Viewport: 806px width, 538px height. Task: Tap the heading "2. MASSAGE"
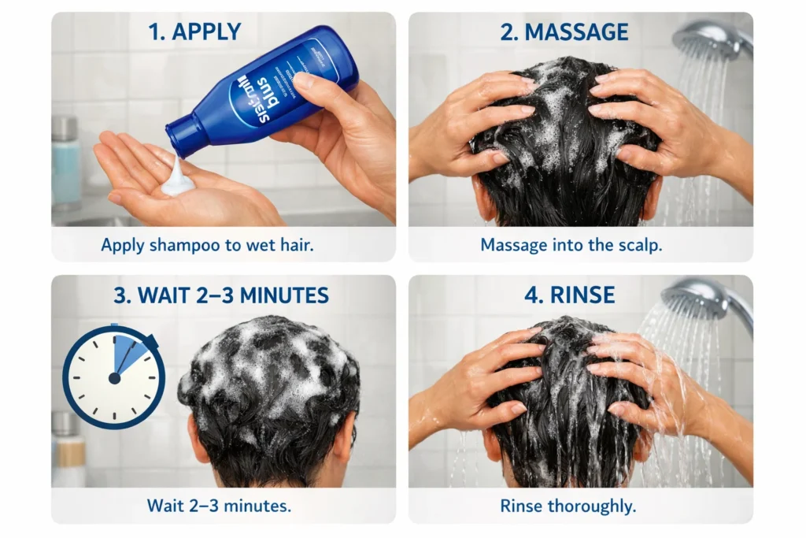point(564,32)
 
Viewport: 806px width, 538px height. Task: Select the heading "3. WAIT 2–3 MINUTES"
point(220,296)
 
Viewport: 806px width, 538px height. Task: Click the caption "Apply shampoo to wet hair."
point(208,245)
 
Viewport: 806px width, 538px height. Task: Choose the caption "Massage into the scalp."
point(571,245)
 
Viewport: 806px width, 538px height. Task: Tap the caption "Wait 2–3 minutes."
point(219,505)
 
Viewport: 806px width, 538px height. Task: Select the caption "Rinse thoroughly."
point(568,506)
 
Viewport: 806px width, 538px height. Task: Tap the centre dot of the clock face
point(114,378)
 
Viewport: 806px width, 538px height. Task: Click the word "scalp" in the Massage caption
point(641,245)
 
